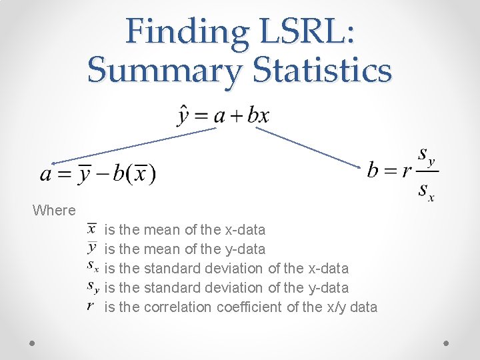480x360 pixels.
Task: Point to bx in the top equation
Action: (x=258, y=115)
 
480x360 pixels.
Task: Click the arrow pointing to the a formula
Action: (x=133, y=146)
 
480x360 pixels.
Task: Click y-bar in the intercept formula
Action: (x=85, y=174)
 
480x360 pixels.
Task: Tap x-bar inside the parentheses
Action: (x=141, y=175)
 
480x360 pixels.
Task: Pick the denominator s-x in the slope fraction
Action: (x=425, y=192)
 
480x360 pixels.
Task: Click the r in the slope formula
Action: (x=407, y=171)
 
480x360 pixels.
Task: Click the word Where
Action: (x=54, y=211)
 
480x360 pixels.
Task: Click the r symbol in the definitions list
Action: (x=91, y=307)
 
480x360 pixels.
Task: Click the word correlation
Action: (x=177, y=307)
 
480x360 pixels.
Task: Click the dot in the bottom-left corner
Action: (x=33, y=342)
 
